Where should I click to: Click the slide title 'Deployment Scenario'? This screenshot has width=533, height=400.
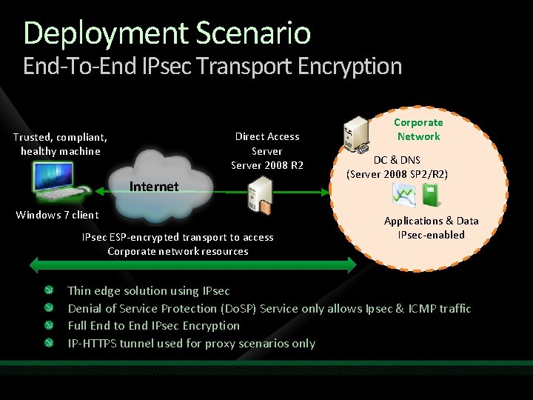167,33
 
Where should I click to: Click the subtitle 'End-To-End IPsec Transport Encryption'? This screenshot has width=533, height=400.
212,67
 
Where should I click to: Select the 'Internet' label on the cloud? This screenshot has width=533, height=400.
154,187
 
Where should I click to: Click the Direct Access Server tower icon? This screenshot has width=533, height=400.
260,195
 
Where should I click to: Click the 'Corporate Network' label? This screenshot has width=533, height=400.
418,130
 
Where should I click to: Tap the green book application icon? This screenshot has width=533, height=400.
430,195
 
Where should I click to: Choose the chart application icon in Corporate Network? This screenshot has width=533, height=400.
405,195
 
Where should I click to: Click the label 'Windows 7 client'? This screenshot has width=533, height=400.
57,215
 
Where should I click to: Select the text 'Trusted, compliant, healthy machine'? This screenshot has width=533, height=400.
60,144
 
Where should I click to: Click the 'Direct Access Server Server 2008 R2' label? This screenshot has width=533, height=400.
267,150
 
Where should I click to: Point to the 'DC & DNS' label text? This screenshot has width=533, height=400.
397,160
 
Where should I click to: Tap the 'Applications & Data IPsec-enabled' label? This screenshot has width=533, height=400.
431,228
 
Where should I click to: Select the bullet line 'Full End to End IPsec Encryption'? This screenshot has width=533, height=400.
154,326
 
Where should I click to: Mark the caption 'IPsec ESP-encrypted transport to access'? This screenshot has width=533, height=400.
178,237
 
